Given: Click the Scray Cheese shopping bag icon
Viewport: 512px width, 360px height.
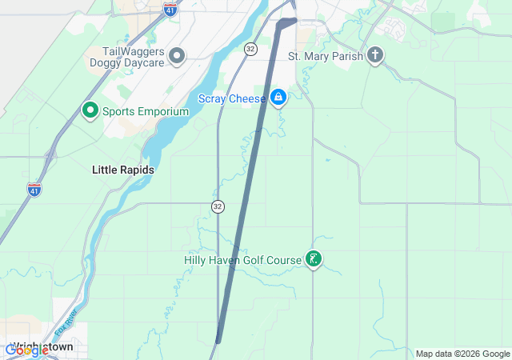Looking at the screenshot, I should click(278, 98).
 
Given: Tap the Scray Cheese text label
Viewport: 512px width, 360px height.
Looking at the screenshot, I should click(232, 98).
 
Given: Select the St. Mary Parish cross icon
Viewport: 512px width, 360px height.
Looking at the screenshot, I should click(375, 55).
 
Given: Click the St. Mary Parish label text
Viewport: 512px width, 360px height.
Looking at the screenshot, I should click(326, 56).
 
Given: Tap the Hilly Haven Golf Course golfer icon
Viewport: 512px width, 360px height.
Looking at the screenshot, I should click(314, 259).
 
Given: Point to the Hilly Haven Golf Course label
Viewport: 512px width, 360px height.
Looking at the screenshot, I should click(242, 260).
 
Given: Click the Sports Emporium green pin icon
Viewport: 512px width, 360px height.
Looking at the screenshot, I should click(90, 110).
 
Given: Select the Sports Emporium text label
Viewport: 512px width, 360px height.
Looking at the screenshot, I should click(145, 111).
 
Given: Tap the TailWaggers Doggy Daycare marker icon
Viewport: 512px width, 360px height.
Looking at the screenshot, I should click(177, 55).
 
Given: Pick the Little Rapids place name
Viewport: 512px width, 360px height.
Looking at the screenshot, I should click(123, 170).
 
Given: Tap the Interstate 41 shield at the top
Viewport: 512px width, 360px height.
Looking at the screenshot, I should click(170, 10).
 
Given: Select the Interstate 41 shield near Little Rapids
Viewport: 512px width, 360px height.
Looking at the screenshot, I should click(34, 189).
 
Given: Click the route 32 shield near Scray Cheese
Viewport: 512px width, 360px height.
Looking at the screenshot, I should click(250, 49).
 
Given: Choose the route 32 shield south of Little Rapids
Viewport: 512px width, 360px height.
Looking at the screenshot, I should click(218, 206).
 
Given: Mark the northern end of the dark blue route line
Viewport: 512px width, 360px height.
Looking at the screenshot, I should click(294, 20).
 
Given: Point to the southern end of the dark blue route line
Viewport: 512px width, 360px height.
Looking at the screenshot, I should click(218, 341).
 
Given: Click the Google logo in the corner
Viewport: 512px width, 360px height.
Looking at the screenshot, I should click(26, 350).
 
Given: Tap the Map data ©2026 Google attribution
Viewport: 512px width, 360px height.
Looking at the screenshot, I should click(462, 354).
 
